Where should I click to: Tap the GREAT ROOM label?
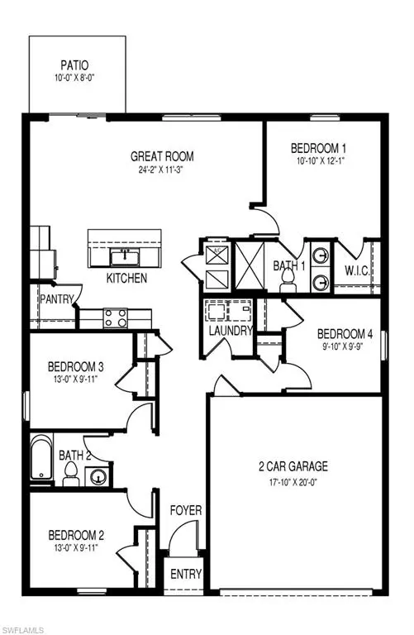[x=162, y=155]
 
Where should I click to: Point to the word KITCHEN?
[x=126, y=279]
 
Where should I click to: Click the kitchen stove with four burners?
[x=114, y=315]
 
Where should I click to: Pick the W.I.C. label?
[x=357, y=270]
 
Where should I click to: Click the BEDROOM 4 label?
[x=345, y=335]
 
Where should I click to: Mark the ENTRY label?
[x=184, y=573]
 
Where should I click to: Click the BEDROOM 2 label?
[x=75, y=534]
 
